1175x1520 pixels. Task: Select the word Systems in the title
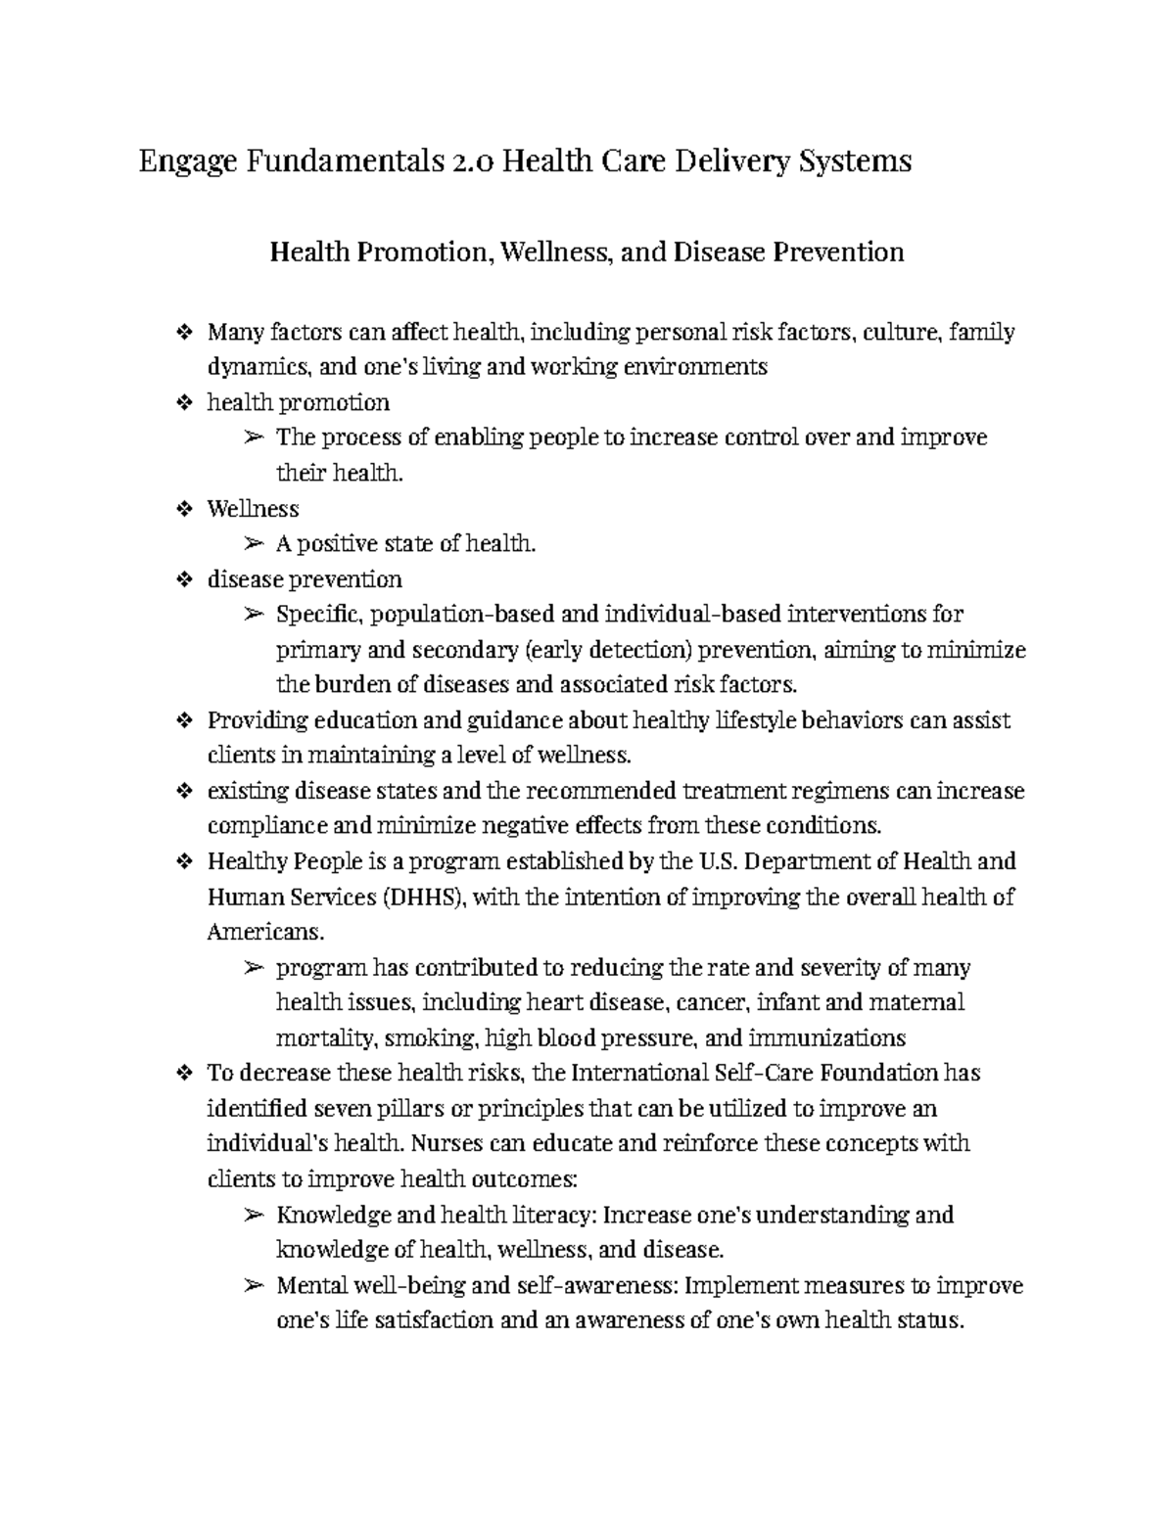(855, 161)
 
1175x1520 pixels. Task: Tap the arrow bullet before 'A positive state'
(253, 544)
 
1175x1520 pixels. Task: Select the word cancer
(716, 1002)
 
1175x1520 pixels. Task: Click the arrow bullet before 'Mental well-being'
(253, 1286)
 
